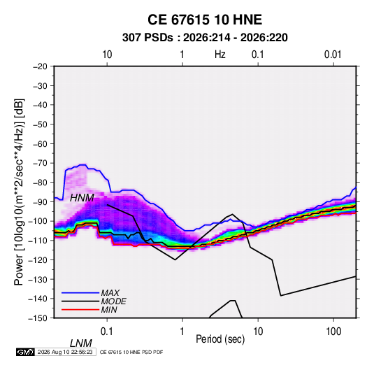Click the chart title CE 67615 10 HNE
pos(205,20)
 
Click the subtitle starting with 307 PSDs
pos(205,38)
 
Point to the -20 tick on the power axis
pos(40,66)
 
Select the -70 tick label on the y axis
pos(40,163)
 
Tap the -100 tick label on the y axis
pos(38,221)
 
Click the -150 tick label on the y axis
pos(38,318)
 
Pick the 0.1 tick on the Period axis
pos(107,332)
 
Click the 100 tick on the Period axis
pos(333,332)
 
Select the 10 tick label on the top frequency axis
pos(107,55)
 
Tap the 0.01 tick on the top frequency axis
pos(333,55)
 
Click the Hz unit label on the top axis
pos(220,55)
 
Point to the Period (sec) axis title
pos(220,339)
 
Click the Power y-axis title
pos(19,192)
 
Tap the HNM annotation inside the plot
pos(82,198)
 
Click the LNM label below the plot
pos(80,343)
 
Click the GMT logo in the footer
pos(26,352)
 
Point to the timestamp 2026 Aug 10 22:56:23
pos(65,352)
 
